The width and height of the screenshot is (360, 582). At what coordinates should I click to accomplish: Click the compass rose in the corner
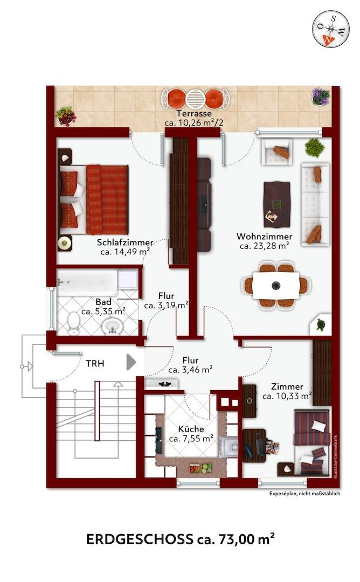tap(331, 29)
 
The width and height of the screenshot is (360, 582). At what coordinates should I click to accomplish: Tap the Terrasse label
tap(193, 114)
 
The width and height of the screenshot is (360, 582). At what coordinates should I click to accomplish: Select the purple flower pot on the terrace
tap(321, 97)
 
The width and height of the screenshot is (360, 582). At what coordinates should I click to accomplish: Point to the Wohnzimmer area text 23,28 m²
tap(264, 246)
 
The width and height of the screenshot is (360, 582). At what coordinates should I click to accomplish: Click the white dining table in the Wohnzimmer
tap(276, 286)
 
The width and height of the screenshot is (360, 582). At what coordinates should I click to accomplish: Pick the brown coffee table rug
tap(277, 204)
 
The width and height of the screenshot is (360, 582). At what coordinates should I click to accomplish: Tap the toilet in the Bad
tap(74, 323)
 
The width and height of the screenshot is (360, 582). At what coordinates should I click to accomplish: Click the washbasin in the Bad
tap(113, 325)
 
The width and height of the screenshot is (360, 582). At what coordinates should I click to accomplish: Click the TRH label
tap(95, 364)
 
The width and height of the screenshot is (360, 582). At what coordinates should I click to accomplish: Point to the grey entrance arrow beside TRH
tap(131, 362)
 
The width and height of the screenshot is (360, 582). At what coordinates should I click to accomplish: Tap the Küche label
tap(191, 429)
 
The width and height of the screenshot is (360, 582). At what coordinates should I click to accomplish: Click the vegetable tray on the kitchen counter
tap(200, 468)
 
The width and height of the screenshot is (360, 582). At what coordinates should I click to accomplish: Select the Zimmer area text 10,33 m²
tap(287, 396)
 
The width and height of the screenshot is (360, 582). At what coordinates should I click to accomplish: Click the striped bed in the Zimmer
tap(311, 442)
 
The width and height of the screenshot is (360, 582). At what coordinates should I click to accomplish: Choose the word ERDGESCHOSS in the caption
tap(140, 539)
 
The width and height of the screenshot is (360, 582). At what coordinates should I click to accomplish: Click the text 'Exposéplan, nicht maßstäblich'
tap(304, 494)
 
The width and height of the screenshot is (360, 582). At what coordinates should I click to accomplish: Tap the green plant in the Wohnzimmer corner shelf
tap(320, 325)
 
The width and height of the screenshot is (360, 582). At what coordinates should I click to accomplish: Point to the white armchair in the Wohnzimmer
tap(277, 152)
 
